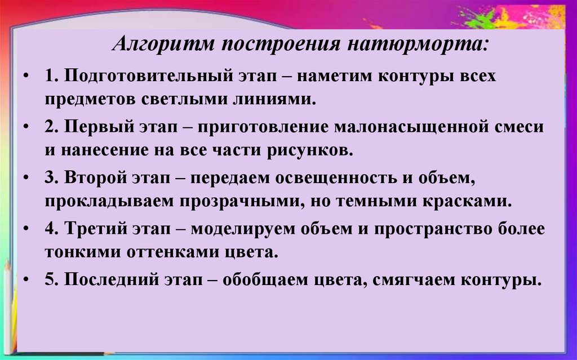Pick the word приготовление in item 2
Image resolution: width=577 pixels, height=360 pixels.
265,126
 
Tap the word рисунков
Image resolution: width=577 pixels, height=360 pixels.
313,151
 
